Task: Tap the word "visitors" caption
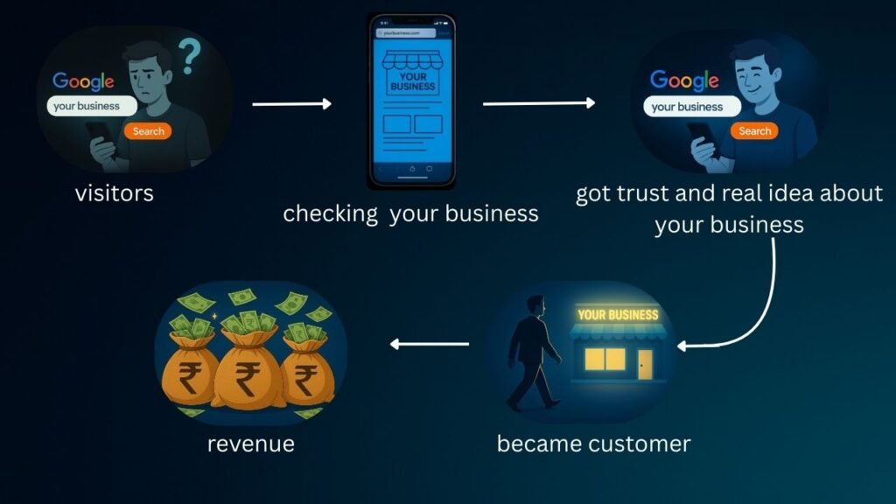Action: click(114, 192)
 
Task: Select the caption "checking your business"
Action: click(410, 213)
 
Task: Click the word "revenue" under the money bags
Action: click(250, 444)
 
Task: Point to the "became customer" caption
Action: click(593, 444)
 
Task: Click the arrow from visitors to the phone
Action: click(291, 104)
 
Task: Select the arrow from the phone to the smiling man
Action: click(538, 103)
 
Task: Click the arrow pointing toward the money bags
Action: click(429, 344)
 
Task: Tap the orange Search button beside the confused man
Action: click(148, 131)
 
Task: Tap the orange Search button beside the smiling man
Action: click(754, 131)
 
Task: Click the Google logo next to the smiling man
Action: click(683, 80)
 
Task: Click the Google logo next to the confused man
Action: click(83, 81)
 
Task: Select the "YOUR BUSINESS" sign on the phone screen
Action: click(412, 81)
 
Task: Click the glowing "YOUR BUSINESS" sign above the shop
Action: click(618, 315)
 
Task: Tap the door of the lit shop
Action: click(645, 364)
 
